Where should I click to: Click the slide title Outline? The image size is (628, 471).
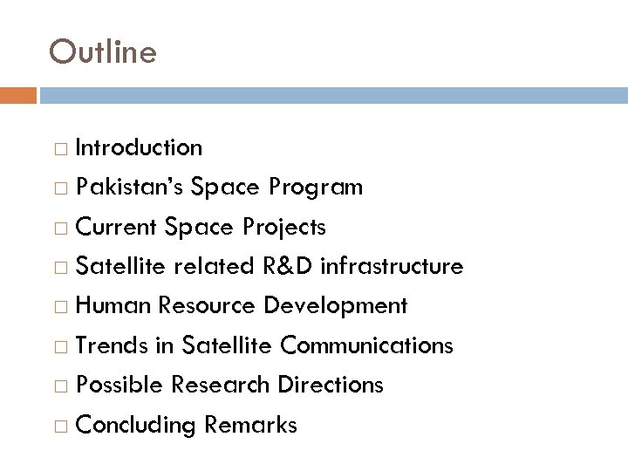click(104, 51)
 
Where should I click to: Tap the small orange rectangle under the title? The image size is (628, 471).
click(18, 93)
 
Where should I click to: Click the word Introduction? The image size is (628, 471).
click(140, 147)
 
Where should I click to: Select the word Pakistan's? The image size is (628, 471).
click(130, 188)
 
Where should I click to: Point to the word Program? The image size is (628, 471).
click(316, 188)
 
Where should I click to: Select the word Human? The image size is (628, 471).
click(112, 306)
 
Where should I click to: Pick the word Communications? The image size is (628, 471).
click(366, 345)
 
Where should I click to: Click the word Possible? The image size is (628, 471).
click(119, 385)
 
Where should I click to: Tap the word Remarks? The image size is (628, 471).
click(252, 425)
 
